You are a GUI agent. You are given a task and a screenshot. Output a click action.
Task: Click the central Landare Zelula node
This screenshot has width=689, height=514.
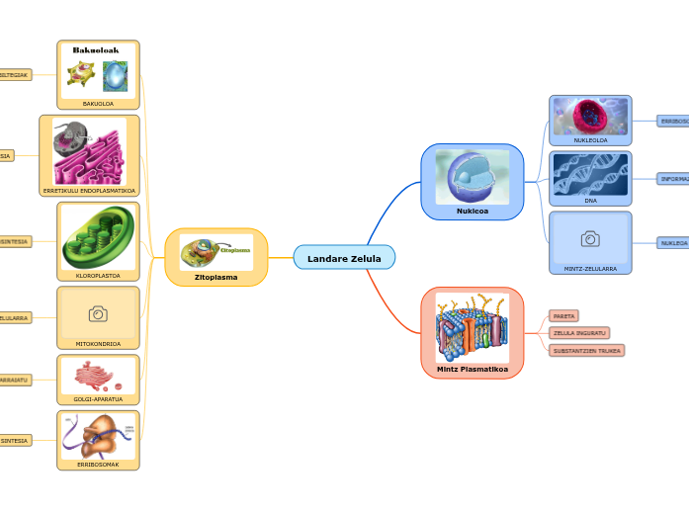[x=344, y=258]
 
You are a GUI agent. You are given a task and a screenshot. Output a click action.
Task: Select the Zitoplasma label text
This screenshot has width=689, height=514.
[x=215, y=278]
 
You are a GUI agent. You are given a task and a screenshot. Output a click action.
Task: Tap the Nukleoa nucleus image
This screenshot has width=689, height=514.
[x=473, y=177]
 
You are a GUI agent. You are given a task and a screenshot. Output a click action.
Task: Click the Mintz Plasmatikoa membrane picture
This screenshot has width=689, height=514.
[x=473, y=327]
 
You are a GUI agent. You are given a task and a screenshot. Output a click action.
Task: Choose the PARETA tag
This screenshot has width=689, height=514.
[x=563, y=316]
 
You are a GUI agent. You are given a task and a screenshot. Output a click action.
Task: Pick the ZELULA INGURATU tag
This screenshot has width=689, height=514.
[x=579, y=333]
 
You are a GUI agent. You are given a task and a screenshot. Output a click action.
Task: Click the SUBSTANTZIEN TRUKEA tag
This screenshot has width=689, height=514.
[x=587, y=350]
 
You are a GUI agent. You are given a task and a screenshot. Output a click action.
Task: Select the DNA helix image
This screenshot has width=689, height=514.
[x=590, y=174]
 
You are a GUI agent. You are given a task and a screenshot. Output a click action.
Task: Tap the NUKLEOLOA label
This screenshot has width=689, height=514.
[x=590, y=140]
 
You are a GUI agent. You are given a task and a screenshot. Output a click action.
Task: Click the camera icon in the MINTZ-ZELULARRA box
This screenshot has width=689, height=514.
[x=590, y=238]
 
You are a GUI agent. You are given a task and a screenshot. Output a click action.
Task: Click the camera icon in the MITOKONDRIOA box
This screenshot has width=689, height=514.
[x=98, y=313]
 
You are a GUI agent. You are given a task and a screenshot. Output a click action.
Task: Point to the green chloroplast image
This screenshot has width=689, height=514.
[x=98, y=237]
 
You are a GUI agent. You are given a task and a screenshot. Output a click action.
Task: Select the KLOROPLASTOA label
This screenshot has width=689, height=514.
[x=98, y=276]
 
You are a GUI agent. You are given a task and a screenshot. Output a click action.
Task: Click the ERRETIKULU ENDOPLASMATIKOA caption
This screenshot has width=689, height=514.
[x=90, y=190]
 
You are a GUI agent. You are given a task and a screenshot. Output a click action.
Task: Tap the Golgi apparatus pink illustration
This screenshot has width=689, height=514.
[x=98, y=376]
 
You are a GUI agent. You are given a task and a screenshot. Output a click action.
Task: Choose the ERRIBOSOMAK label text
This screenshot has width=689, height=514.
[x=98, y=464]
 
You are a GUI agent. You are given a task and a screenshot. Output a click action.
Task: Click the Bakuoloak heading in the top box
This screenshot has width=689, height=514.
[x=96, y=50]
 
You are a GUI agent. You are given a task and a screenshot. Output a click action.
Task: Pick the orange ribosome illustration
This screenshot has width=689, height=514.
[x=98, y=435]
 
